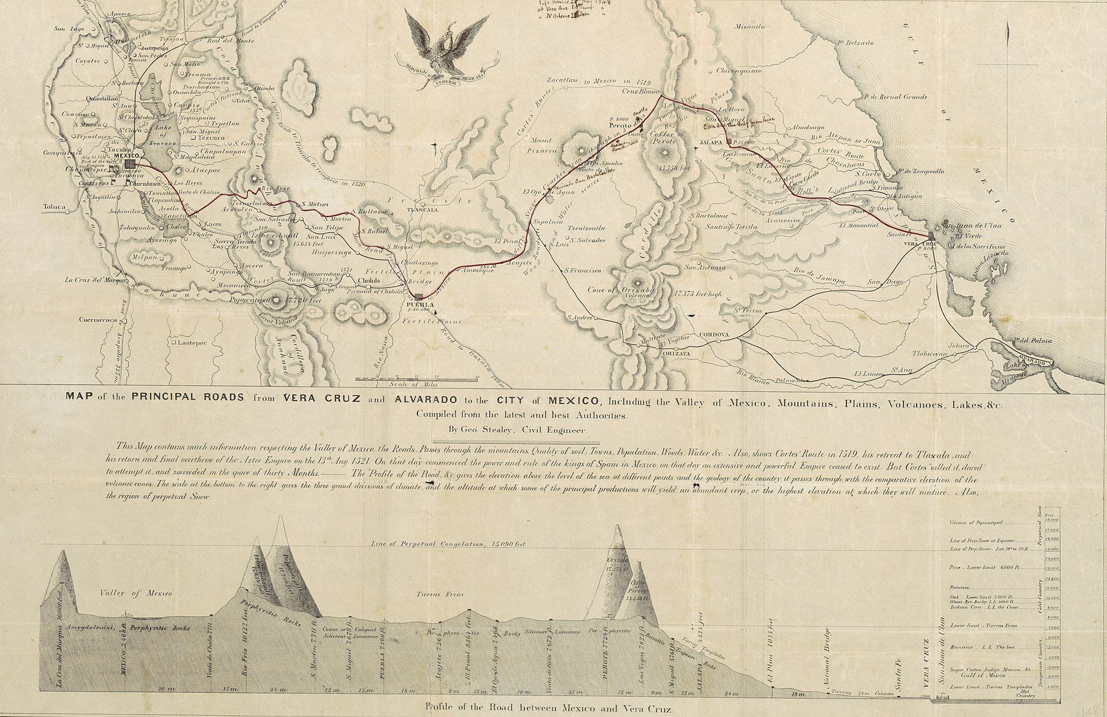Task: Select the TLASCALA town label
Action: coord(423,210)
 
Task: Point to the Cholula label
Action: coord(369,281)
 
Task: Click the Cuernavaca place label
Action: coord(98,319)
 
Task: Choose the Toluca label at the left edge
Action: coord(54,206)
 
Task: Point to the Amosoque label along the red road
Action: coord(476,270)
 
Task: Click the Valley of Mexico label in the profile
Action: coord(135,593)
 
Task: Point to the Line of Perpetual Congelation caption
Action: coord(447,543)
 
